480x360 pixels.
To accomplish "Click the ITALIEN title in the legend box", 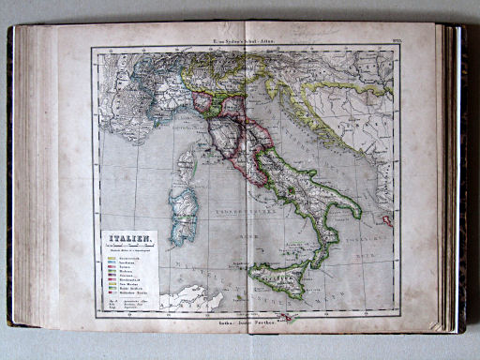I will [127, 239].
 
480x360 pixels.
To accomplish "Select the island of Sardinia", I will [184, 212].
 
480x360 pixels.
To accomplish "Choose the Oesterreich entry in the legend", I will [130, 257].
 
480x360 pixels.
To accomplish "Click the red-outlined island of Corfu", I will [387, 221].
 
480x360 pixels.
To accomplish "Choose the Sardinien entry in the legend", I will [130, 262].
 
